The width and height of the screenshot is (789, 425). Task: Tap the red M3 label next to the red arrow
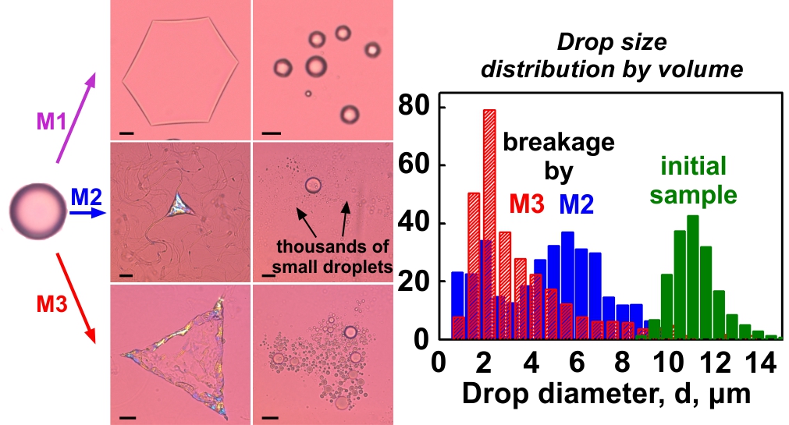(52, 301)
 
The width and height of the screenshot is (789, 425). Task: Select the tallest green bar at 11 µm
(692, 278)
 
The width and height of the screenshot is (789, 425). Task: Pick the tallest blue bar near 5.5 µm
(567, 285)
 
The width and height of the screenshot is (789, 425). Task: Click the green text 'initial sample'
(694, 179)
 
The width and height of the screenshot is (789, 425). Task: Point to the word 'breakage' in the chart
(559, 143)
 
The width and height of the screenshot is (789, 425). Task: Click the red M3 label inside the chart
(528, 204)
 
